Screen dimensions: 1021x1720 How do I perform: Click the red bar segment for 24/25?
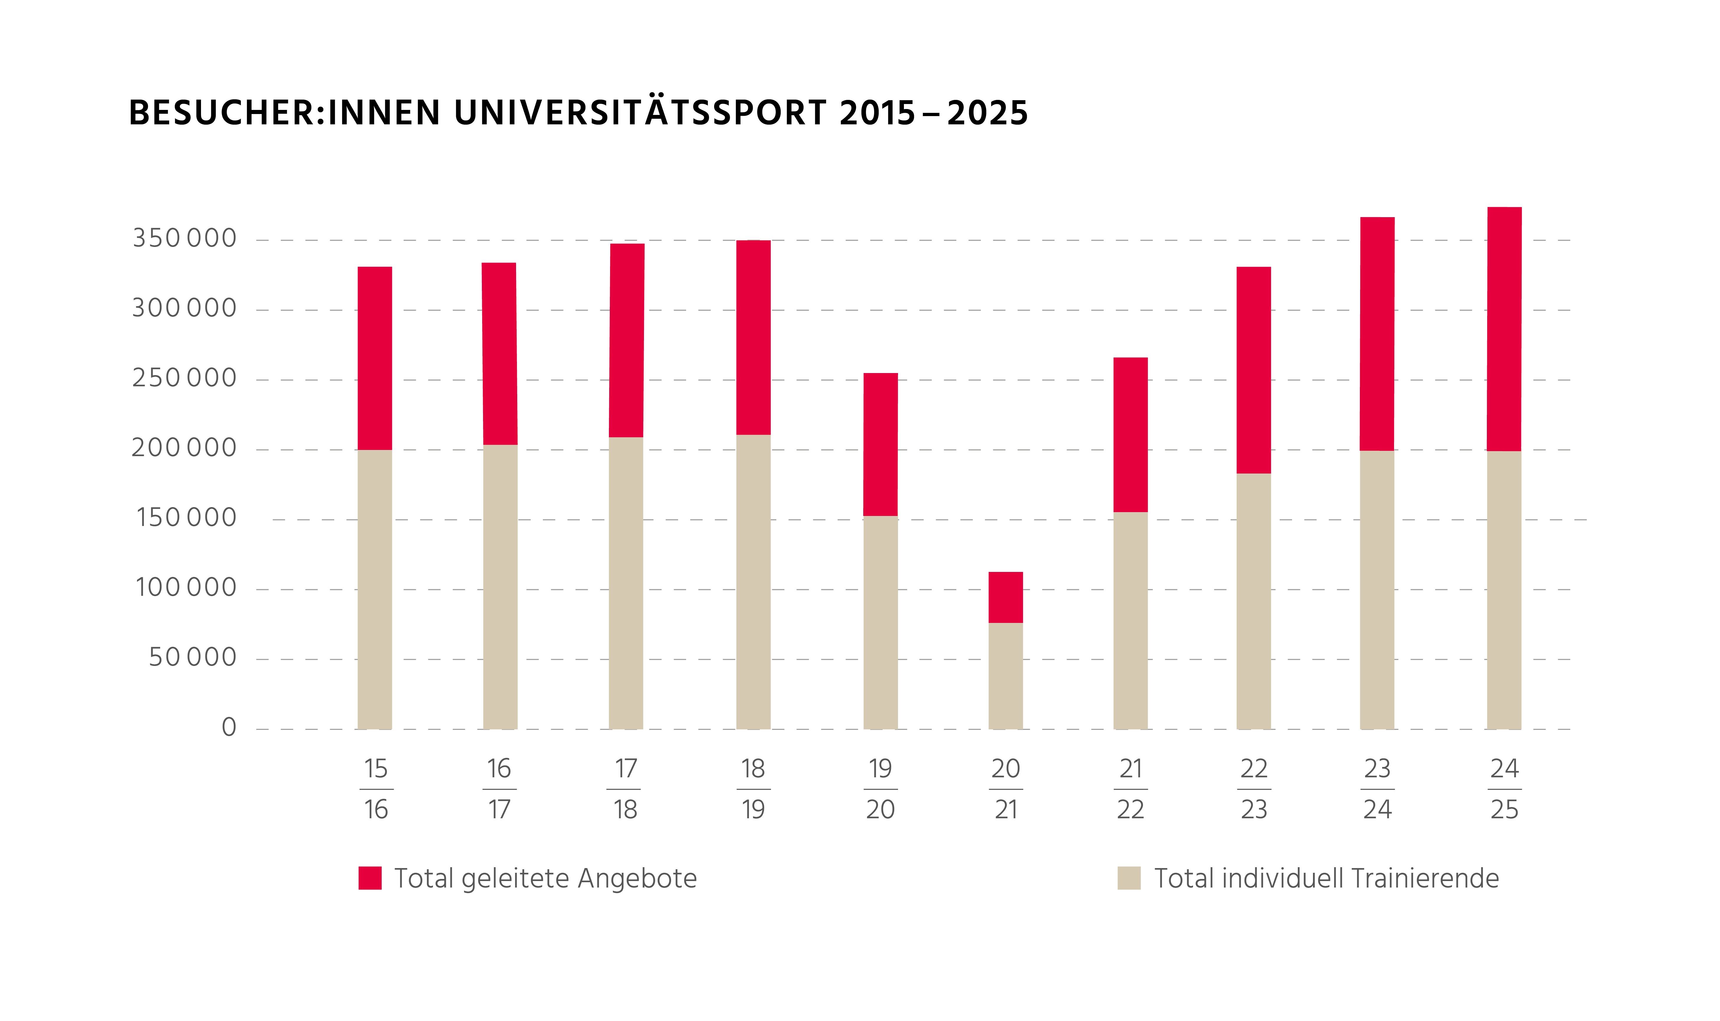1504,329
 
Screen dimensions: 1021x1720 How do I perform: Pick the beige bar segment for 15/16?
375,589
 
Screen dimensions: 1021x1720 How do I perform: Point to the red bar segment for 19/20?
881,444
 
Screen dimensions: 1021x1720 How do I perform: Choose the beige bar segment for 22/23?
1253,601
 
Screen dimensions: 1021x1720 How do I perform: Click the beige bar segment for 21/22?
1130,620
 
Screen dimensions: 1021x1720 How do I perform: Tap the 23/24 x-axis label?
1377,789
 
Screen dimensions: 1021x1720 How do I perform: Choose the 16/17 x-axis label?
500,789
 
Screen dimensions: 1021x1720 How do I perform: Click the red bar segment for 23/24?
1377,334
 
